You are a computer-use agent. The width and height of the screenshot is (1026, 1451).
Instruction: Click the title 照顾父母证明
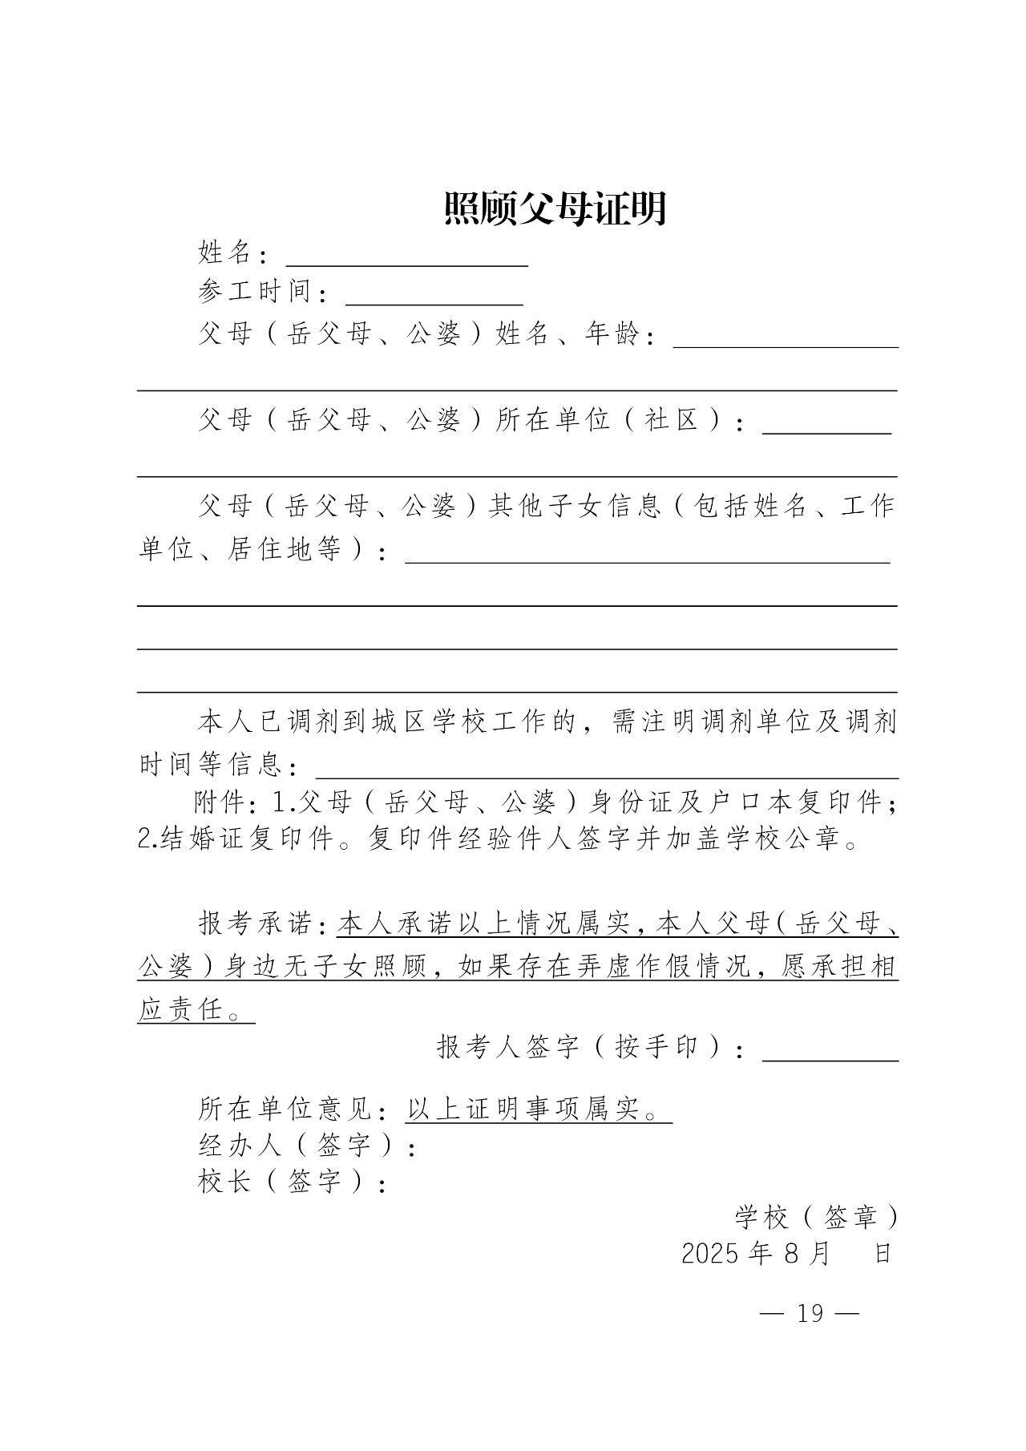click(x=555, y=209)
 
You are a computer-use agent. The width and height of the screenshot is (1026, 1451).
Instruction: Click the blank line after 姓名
click(x=406, y=258)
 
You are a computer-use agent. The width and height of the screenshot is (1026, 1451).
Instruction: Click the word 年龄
click(x=612, y=333)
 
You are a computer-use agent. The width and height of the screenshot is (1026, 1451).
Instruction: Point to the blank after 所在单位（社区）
click(x=826, y=426)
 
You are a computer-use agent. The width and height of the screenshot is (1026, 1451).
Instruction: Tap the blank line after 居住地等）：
click(x=647, y=556)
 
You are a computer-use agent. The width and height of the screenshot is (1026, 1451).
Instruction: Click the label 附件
click(x=220, y=802)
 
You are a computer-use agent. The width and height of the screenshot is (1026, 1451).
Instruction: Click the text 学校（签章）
click(x=816, y=1219)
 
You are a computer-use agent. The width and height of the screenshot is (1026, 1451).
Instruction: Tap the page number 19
click(x=810, y=1313)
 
